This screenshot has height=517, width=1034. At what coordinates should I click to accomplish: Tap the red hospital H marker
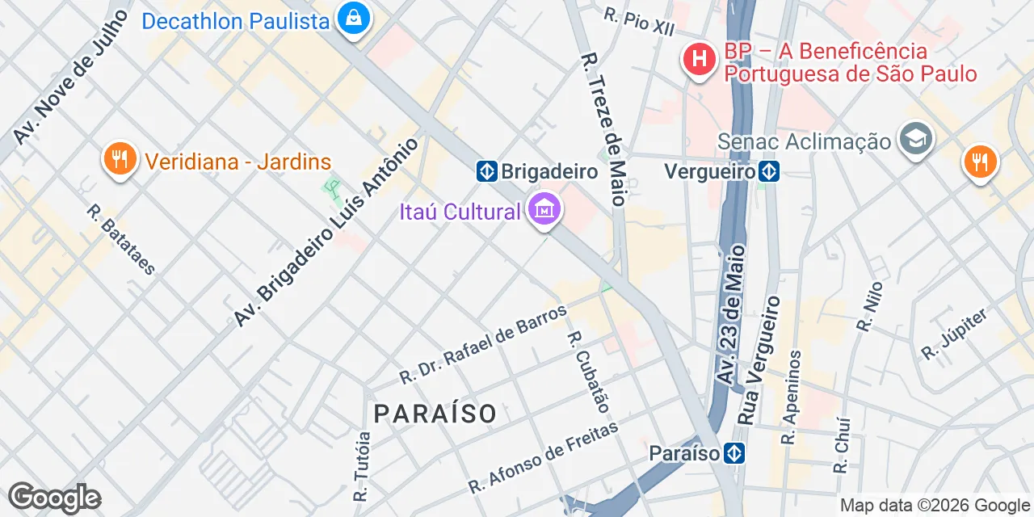click(700, 59)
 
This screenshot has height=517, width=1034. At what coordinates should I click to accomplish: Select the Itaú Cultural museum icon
click(544, 211)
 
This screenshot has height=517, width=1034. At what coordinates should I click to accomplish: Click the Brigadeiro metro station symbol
click(486, 171)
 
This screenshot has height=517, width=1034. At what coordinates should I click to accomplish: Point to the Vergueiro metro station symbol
click(769, 171)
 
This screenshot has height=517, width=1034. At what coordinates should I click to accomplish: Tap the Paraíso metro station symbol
click(734, 453)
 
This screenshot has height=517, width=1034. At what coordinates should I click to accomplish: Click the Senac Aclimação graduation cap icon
click(916, 140)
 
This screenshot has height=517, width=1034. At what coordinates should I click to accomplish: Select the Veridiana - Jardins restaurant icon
click(120, 158)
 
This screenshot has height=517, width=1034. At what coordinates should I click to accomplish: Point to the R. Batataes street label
click(122, 239)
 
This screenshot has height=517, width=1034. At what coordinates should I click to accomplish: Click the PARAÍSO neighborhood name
click(435, 414)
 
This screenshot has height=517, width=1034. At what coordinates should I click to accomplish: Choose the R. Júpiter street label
click(955, 334)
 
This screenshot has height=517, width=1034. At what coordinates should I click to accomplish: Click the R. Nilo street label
click(870, 307)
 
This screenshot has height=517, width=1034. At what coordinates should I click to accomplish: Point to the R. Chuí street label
click(842, 445)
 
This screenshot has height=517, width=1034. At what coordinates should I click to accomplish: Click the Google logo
click(54, 498)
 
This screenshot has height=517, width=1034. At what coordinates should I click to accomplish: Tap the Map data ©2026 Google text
click(935, 506)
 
